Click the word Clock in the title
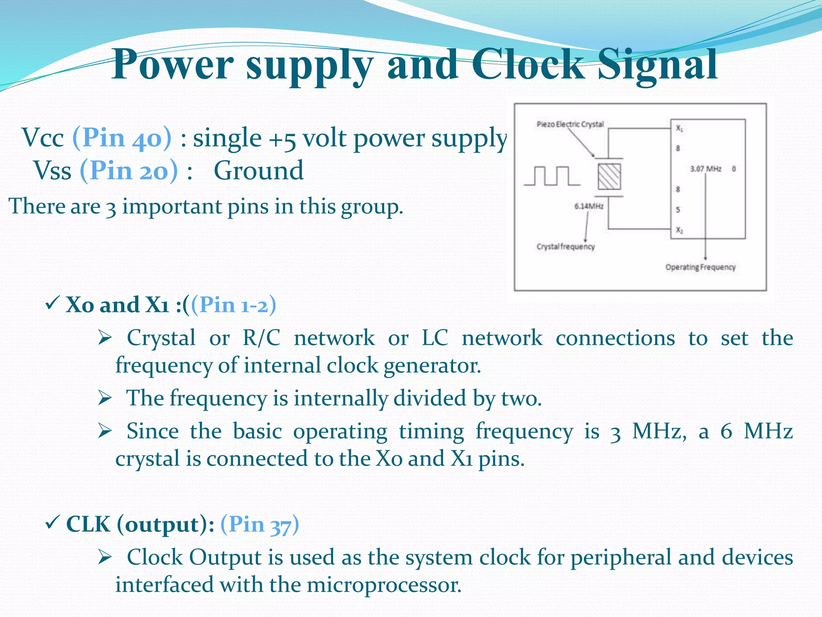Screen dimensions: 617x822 (x=528, y=64)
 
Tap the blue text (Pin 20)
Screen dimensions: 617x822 (x=128, y=170)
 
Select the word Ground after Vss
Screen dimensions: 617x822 (x=258, y=170)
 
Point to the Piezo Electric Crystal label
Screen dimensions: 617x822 (x=570, y=124)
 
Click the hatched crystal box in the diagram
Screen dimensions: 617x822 (x=609, y=177)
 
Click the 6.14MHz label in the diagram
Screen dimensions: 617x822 (x=589, y=206)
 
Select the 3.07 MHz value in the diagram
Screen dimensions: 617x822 (x=706, y=169)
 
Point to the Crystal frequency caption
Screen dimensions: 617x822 (x=566, y=246)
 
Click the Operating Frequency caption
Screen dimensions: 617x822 (x=700, y=267)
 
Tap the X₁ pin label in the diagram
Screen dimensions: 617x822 (x=679, y=128)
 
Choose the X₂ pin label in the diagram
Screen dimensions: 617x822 (x=679, y=230)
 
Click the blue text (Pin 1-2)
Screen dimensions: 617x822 (x=234, y=304)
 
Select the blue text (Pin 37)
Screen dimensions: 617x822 (x=260, y=524)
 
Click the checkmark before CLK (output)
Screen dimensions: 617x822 (x=53, y=523)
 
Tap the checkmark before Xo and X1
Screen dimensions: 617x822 (x=53, y=303)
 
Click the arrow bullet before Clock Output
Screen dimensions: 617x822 (x=105, y=557)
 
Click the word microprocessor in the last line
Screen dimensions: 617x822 (x=384, y=584)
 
